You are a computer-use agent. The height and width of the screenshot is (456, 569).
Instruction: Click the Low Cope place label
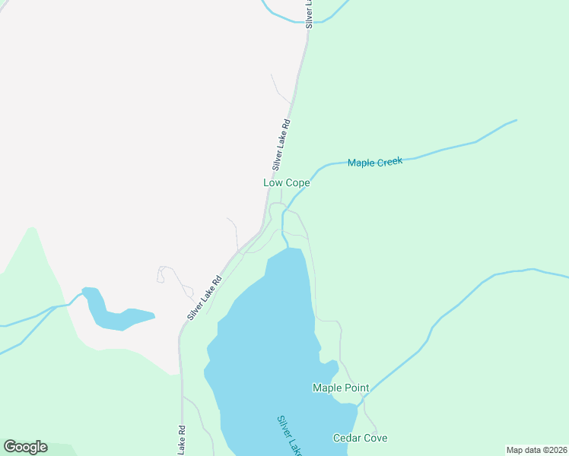pos(286,183)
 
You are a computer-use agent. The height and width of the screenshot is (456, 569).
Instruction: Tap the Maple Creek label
pos(374,163)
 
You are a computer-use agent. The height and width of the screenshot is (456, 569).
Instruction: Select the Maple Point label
pos(341,388)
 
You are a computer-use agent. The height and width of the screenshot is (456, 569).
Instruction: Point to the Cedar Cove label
pos(360,439)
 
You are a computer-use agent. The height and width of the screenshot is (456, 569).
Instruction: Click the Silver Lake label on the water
pos(289,435)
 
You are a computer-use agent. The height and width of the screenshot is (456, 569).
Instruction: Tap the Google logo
pos(26,447)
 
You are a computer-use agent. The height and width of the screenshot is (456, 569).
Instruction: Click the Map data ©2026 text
pos(536,450)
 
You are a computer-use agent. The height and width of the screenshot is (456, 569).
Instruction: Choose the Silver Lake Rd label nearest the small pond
pos(205,297)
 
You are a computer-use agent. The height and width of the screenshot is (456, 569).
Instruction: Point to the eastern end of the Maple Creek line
pos(516,120)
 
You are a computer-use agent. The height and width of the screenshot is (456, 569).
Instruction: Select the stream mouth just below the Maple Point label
pos(357,404)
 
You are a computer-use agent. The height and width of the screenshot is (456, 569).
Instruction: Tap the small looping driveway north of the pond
pos(161,274)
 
